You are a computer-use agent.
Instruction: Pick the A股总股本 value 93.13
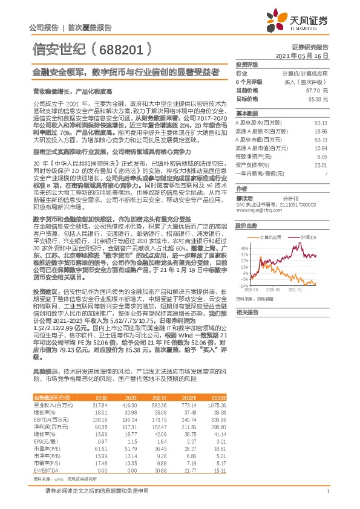tap(321, 123)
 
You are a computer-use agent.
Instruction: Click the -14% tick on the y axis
tap(243, 285)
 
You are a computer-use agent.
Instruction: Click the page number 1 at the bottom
tap(327, 491)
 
